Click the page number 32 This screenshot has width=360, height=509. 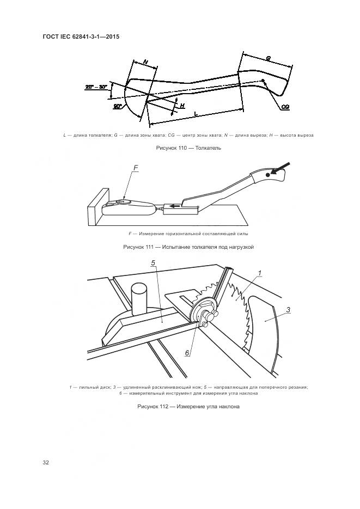(46, 463)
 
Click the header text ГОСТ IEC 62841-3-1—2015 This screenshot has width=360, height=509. (81, 36)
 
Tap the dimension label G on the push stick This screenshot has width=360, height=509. (269, 58)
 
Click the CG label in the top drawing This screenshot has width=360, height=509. (285, 107)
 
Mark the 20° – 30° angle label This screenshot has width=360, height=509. (96, 87)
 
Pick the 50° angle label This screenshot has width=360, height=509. (118, 107)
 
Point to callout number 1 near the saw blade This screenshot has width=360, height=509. (260, 273)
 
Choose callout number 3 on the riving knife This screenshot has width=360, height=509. (289, 310)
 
